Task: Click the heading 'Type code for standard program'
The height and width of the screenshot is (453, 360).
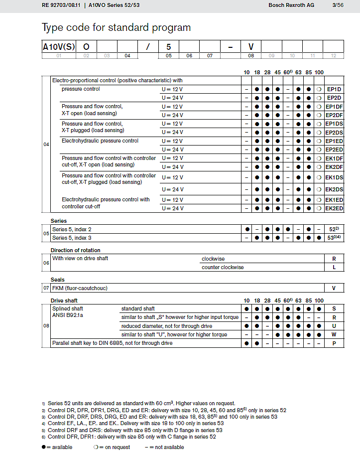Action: (x=116, y=27)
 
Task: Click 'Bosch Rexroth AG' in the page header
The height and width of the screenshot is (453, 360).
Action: (x=291, y=5)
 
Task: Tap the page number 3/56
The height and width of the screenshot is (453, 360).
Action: (x=338, y=5)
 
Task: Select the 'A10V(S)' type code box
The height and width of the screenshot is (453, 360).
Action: (x=59, y=47)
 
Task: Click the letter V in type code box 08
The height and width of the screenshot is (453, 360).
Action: (x=251, y=47)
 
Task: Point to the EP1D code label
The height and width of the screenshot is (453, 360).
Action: (x=333, y=89)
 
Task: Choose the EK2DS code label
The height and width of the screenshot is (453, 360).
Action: (x=334, y=189)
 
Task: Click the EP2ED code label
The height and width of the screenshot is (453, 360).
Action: (x=334, y=150)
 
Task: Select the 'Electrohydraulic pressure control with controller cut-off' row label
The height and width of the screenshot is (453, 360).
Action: (x=106, y=203)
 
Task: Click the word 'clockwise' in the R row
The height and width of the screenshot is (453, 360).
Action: (x=213, y=259)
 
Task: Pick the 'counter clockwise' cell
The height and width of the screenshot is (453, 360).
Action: (x=223, y=267)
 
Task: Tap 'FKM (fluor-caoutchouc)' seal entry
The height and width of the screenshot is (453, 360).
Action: (x=80, y=288)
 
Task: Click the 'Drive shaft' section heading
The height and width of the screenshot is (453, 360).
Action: (x=64, y=301)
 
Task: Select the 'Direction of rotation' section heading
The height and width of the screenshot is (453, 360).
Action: (x=75, y=250)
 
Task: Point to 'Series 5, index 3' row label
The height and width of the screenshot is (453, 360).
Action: (x=72, y=238)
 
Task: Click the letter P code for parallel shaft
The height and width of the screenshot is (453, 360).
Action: (x=334, y=343)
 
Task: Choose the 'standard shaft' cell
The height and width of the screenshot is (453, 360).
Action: (x=138, y=309)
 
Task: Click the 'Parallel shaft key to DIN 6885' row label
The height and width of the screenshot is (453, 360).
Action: (x=113, y=343)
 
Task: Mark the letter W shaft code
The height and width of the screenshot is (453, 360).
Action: (x=334, y=335)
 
